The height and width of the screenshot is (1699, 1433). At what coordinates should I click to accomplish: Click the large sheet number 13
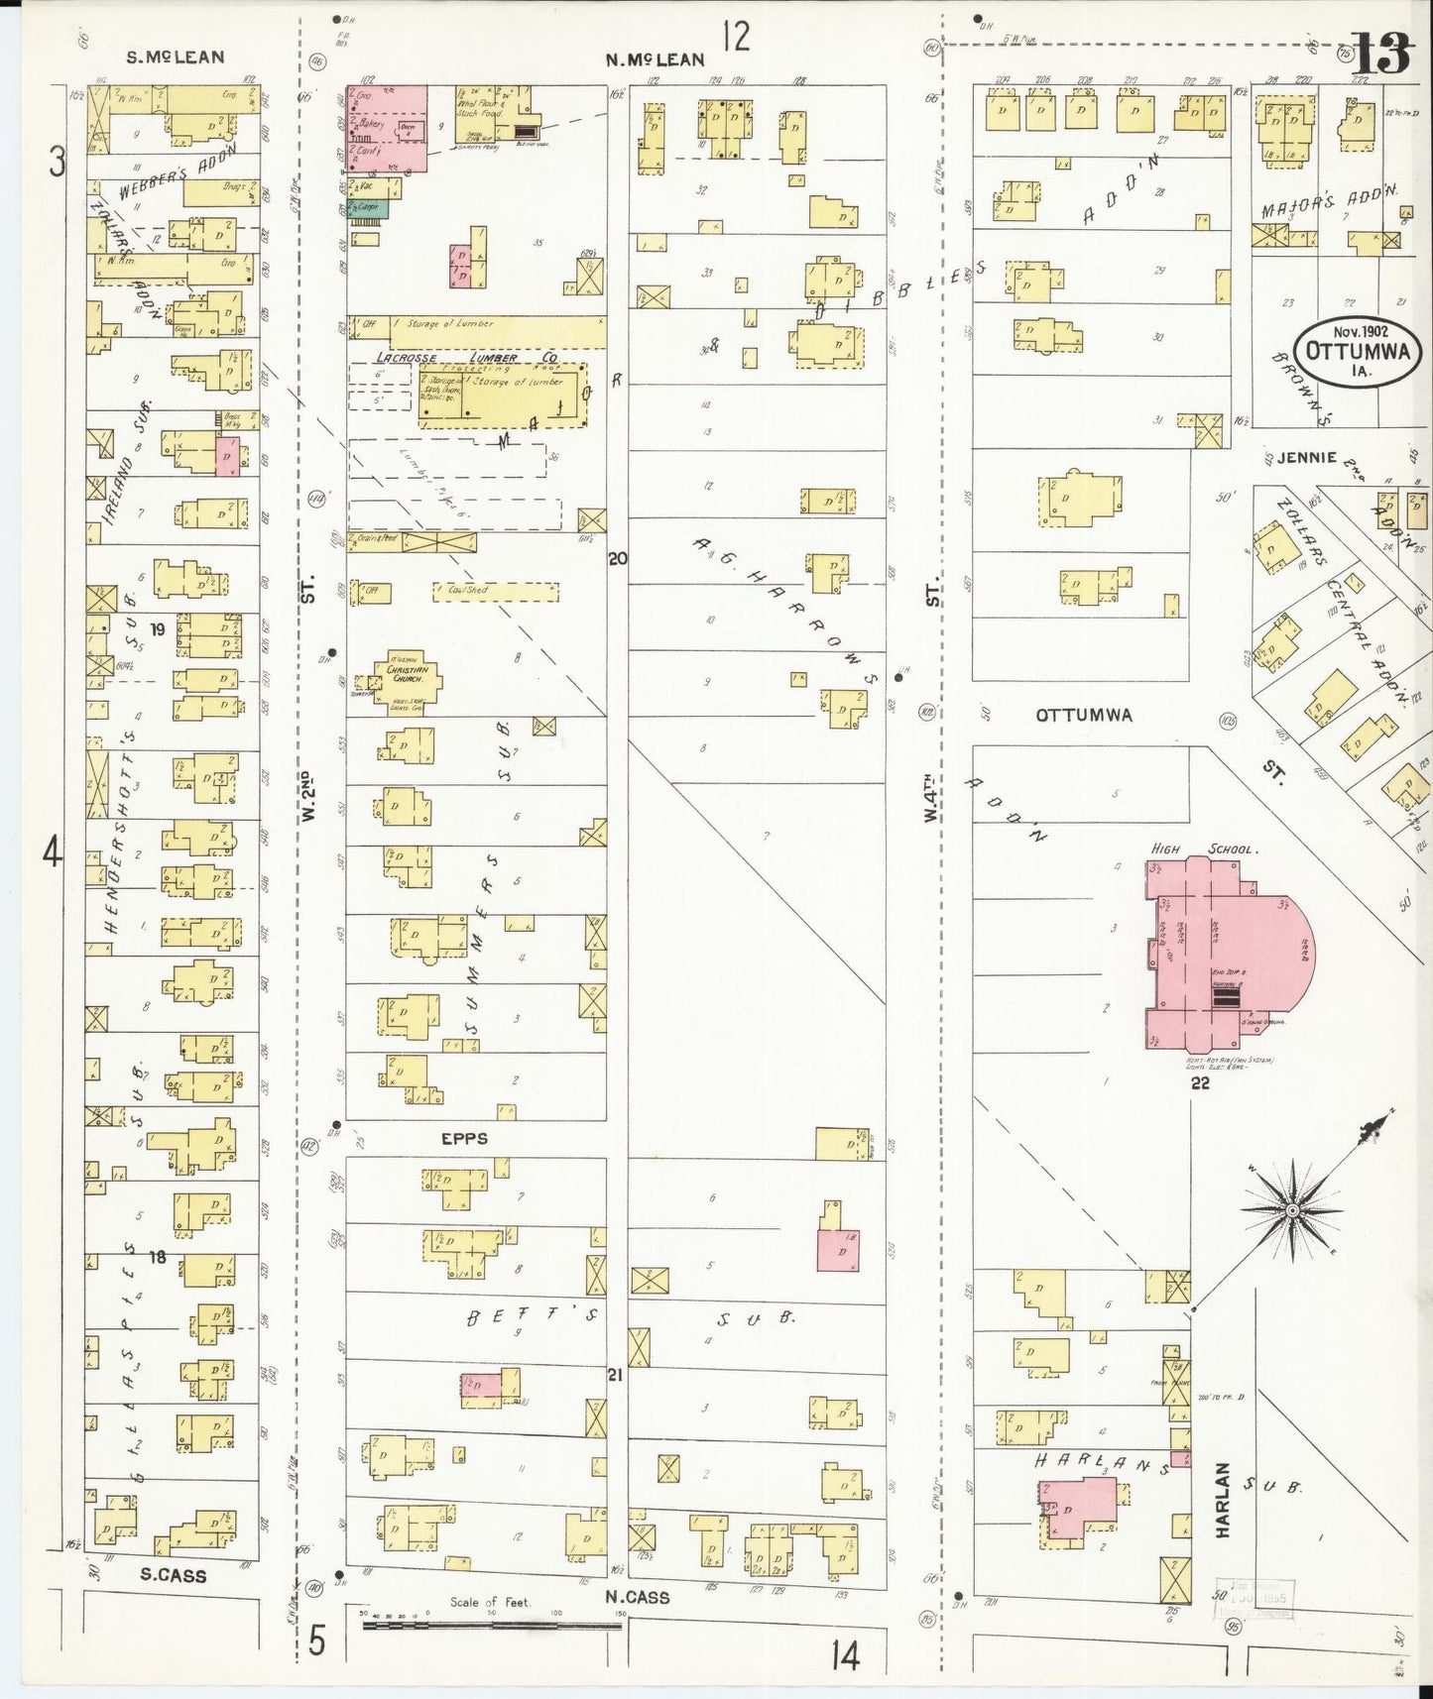[1380, 55]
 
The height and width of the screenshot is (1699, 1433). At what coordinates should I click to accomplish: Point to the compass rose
[1293, 1210]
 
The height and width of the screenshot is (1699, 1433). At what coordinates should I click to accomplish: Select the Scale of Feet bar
[491, 1625]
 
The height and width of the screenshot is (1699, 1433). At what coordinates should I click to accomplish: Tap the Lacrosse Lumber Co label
[466, 357]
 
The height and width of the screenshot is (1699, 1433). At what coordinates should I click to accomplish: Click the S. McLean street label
[175, 57]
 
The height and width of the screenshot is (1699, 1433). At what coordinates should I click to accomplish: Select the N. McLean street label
[655, 59]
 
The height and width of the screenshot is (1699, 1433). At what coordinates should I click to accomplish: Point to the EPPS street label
[464, 1139]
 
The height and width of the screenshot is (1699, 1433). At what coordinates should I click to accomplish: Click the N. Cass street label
[638, 1597]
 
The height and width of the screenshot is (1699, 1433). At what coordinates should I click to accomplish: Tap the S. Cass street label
[173, 1575]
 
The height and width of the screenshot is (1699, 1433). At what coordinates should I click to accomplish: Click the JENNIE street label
[1306, 458]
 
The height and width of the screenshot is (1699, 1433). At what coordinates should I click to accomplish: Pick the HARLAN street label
[1222, 1500]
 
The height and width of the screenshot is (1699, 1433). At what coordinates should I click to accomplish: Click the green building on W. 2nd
[369, 208]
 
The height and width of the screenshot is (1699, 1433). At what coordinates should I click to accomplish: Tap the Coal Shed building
[495, 591]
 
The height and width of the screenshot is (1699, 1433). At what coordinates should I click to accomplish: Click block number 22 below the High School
[1200, 1083]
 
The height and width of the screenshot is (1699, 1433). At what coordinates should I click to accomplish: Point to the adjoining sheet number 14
[845, 1655]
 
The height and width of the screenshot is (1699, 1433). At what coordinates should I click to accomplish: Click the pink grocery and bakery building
[387, 128]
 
